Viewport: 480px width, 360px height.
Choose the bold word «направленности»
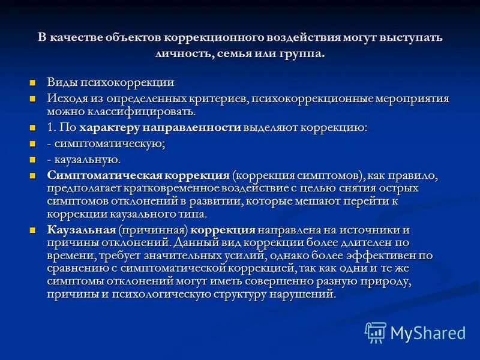(x=191, y=128)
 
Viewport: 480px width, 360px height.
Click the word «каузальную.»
(x=88, y=160)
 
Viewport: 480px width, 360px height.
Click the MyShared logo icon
(x=376, y=332)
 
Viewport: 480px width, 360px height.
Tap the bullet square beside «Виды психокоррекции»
(x=34, y=83)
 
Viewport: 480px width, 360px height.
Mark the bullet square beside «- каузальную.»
(x=34, y=160)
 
